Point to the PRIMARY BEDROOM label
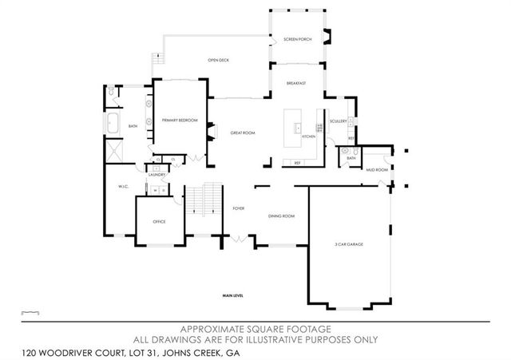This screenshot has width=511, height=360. pyautogui.click(x=180, y=120)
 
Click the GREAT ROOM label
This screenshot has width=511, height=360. pyautogui.click(x=242, y=133)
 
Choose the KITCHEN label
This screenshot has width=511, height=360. pyautogui.click(x=309, y=136)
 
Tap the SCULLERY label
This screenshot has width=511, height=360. pyautogui.click(x=337, y=121)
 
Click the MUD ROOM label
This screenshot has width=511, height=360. pyautogui.click(x=376, y=170)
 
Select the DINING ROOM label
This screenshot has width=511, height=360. pyautogui.click(x=282, y=216)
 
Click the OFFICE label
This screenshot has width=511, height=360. pyautogui.click(x=159, y=221)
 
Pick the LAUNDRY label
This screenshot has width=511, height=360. pyautogui.click(x=156, y=174)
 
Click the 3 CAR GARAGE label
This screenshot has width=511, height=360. pyautogui.click(x=349, y=244)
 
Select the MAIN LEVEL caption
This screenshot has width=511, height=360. pyautogui.click(x=233, y=296)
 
